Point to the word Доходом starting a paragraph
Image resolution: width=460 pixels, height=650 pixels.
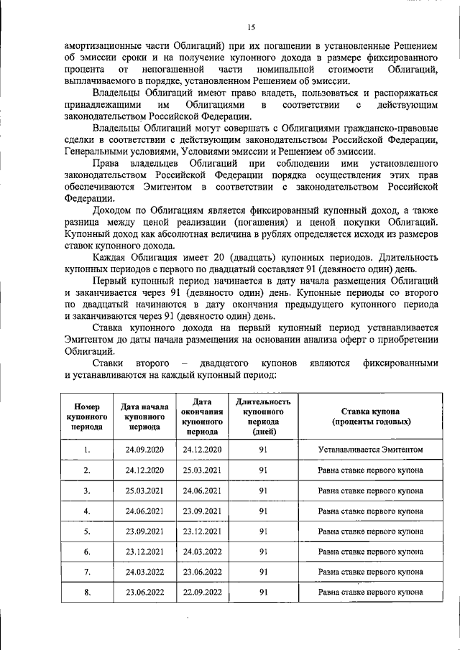point(116,210)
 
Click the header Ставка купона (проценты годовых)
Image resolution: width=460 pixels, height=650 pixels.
point(370,417)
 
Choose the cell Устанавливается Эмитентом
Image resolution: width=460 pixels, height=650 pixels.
point(370,450)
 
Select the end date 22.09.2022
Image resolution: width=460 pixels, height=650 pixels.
point(203,593)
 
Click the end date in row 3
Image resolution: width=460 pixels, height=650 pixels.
point(203,491)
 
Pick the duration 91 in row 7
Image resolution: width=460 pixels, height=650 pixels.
point(263,572)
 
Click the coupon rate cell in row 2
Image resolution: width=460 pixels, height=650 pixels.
point(370,470)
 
